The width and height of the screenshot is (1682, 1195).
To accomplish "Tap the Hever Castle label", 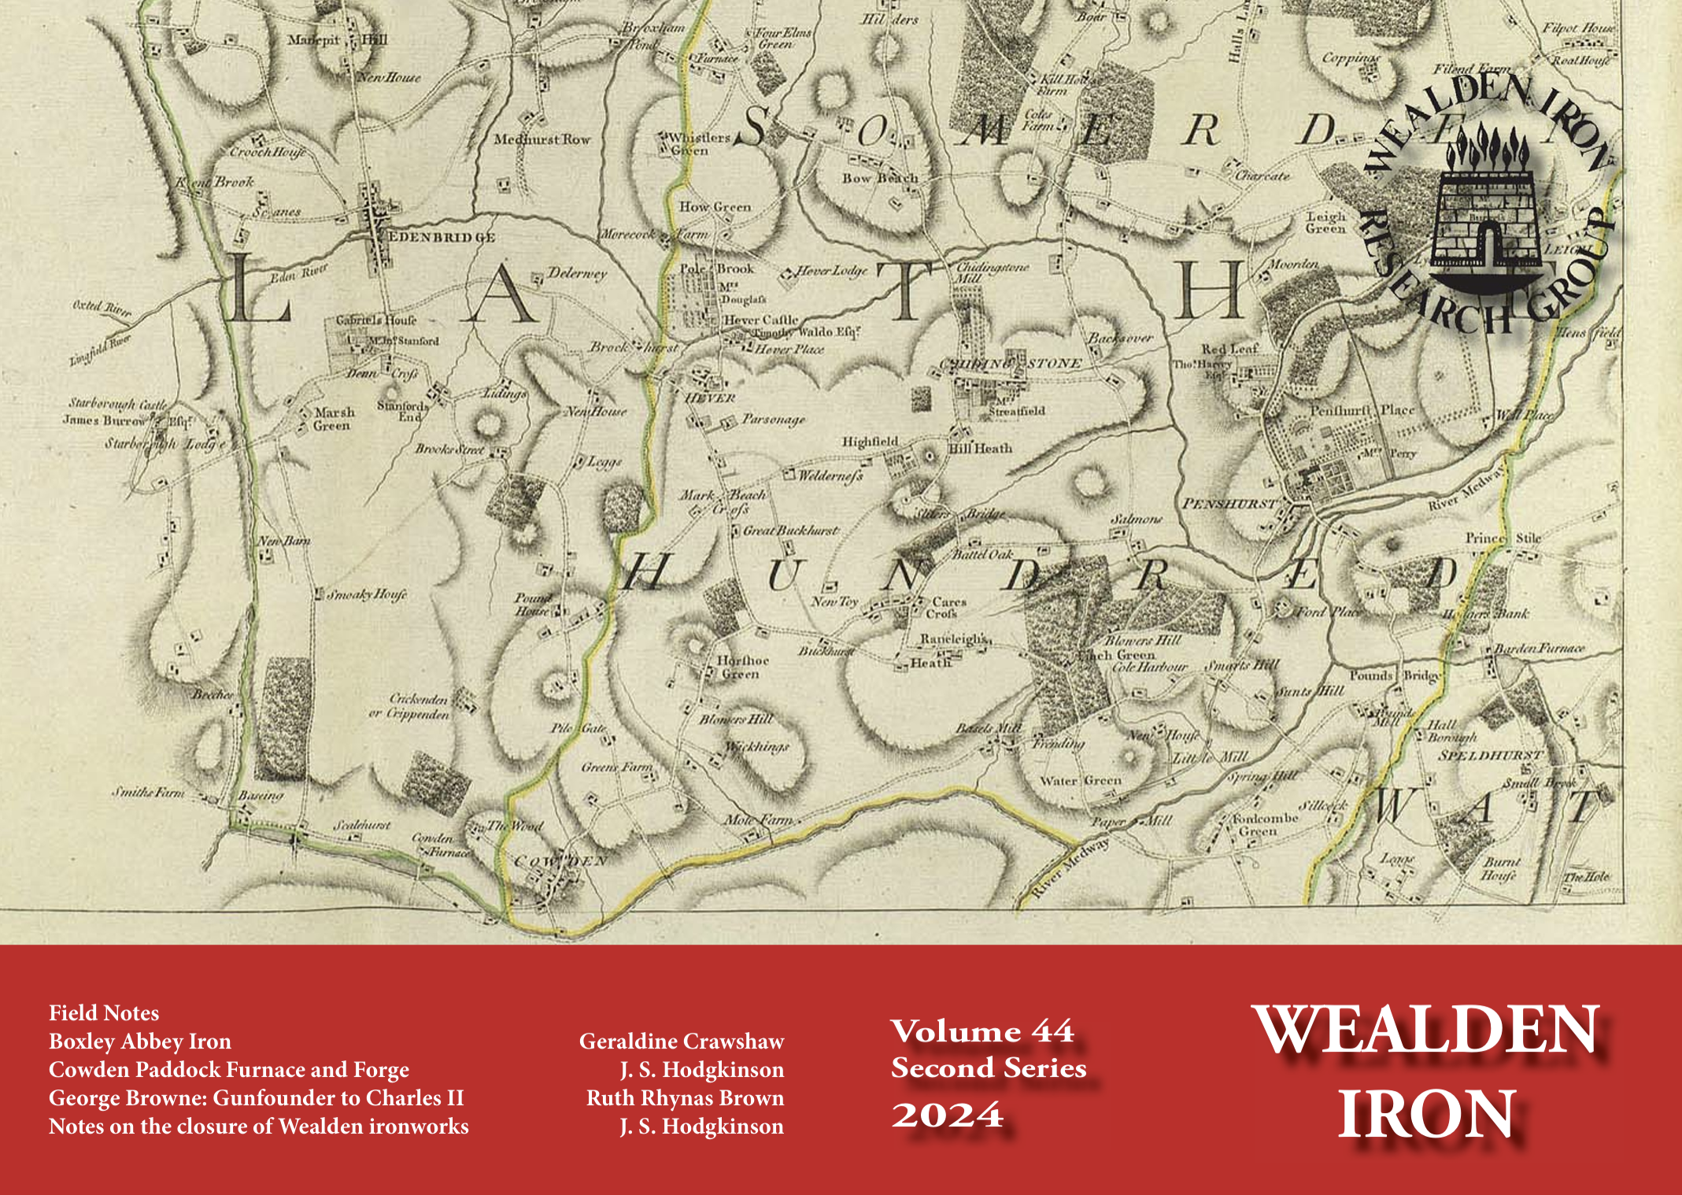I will point(760,320).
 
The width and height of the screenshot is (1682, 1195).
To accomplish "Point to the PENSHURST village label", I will point(1228,503).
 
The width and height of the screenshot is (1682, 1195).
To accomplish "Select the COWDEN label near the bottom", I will point(560,861).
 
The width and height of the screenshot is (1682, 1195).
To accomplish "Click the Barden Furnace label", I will point(1540,649).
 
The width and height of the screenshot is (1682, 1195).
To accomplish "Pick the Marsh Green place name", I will point(334,419).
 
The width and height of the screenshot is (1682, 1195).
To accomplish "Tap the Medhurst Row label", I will point(542,139).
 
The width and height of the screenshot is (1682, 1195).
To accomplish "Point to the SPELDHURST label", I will point(1490,756).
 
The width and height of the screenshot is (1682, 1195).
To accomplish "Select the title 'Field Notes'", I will point(104,1013).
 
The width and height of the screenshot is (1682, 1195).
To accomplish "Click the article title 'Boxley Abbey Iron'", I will point(140,1041).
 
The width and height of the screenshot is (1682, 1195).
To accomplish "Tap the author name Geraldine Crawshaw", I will point(682,1041).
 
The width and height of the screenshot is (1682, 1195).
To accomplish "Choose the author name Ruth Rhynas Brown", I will point(685,1098).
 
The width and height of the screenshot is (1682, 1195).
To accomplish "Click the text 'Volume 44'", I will point(982,1031).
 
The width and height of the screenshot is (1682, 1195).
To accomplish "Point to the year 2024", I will point(948,1115).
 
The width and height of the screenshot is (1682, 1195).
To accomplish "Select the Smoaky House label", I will point(366,594).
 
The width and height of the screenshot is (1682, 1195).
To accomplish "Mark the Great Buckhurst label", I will point(790,531).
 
